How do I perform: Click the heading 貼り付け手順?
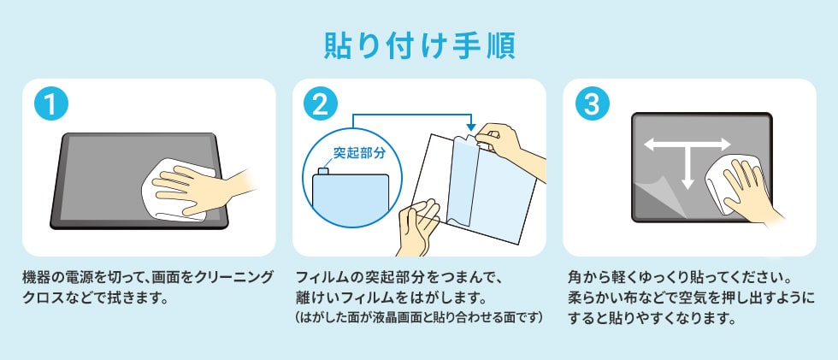coord(419,45)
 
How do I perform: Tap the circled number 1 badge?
coord(50,106)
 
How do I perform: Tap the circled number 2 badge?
coord(320,106)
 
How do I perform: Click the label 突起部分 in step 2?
coord(359,155)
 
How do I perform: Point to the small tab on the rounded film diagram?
coord(324,172)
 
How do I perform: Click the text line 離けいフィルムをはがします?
coord(389,299)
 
